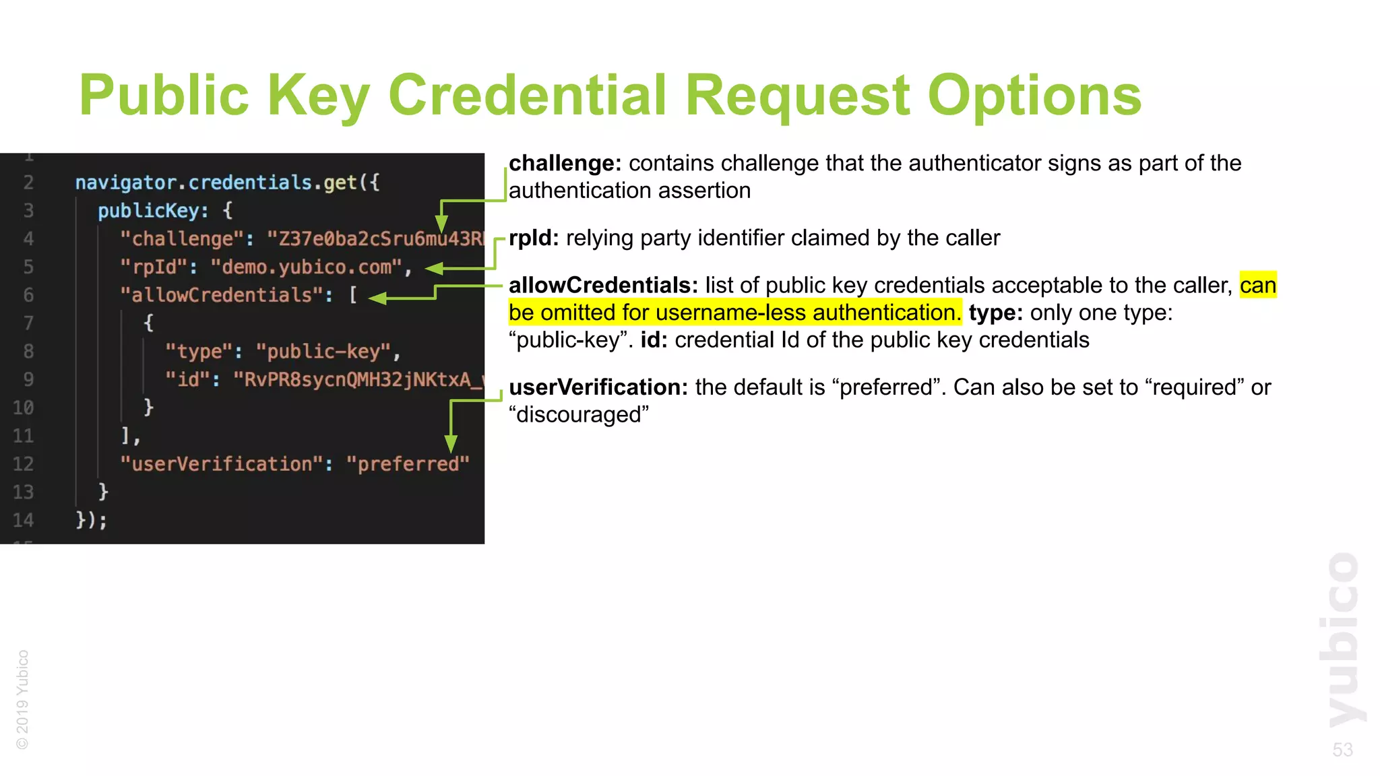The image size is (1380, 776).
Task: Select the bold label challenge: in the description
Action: (x=565, y=164)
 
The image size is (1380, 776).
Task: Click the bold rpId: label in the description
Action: (x=534, y=238)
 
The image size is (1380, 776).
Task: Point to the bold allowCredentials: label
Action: (x=603, y=286)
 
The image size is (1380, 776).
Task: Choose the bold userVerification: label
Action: (x=598, y=387)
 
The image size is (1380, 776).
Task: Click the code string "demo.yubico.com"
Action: (x=307, y=267)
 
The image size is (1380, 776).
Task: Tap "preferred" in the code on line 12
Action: (x=408, y=464)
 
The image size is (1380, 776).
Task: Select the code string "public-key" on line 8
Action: (x=323, y=352)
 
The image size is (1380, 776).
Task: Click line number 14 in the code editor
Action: (x=23, y=520)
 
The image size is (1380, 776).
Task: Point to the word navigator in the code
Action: (x=125, y=183)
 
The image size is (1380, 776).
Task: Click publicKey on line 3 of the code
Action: (x=148, y=211)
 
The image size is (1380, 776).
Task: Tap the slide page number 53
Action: (x=1342, y=750)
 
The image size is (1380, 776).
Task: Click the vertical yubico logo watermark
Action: (x=1343, y=640)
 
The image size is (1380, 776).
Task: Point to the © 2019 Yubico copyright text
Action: (x=23, y=699)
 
